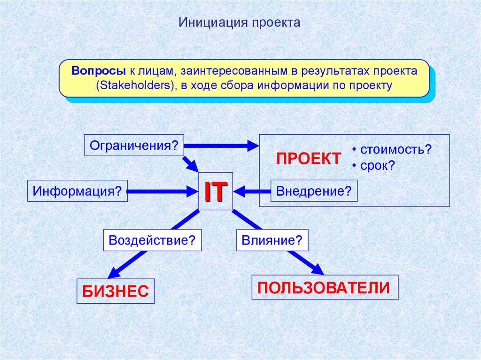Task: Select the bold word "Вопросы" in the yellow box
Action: (98, 71)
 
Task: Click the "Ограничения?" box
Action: (134, 145)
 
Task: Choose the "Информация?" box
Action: (78, 191)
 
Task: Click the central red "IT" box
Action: (216, 191)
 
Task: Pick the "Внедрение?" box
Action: (314, 191)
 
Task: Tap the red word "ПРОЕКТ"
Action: (308, 159)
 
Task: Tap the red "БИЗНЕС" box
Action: (116, 291)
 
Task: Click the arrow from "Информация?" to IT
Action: (162, 191)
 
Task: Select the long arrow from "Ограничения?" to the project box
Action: (221, 146)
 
